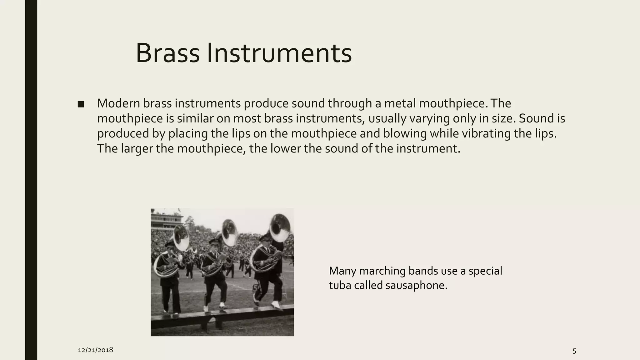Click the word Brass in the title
[x=167, y=53]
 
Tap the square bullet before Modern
[x=81, y=104]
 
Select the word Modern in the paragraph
[x=118, y=103]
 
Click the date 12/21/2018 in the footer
[x=95, y=350]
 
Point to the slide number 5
[x=574, y=351]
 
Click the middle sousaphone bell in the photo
[x=230, y=233]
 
